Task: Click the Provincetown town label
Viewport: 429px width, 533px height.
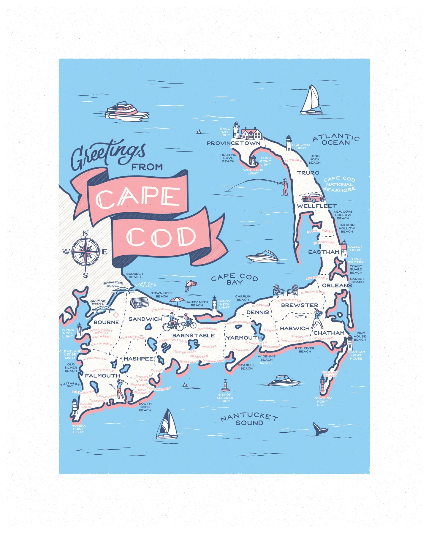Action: point(233,143)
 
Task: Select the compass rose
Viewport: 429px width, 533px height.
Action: point(86,252)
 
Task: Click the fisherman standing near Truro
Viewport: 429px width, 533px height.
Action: point(285,187)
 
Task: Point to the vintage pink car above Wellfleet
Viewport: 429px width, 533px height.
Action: point(313,197)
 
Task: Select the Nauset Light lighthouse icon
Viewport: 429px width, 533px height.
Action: point(344,249)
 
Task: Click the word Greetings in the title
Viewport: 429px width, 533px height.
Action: point(108,154)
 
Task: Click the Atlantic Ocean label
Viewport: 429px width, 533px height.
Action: point(336,140)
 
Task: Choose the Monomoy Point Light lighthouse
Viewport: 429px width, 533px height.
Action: point(323,385)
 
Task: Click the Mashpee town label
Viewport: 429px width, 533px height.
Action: point(138,359)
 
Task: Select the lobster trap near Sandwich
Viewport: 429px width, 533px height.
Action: point(139,303)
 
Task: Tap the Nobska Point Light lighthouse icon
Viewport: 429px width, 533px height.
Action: point(75,407)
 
